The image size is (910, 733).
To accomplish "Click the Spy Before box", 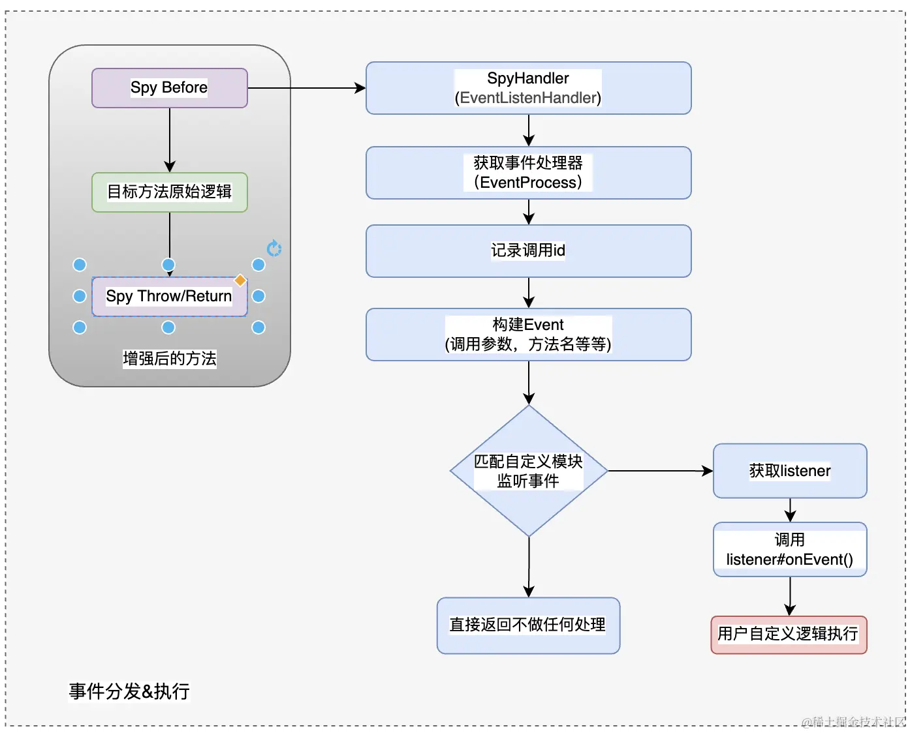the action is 170,88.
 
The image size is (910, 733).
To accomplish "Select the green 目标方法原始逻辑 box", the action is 170,192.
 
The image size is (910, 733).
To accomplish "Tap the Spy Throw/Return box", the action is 170,297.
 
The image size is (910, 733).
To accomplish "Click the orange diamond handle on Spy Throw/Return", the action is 240,280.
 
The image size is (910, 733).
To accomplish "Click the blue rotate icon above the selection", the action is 274,248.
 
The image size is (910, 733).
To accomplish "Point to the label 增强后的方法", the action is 170,359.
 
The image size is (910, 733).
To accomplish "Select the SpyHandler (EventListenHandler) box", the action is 529,88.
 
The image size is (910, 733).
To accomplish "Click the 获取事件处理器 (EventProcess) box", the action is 529,173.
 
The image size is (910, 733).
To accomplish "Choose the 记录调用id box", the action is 529,251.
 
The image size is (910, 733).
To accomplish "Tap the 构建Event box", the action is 529,335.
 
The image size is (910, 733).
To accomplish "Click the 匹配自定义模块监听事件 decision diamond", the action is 529,471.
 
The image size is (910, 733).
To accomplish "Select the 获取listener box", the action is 790,471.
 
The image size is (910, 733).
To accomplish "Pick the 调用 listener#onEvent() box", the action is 790,549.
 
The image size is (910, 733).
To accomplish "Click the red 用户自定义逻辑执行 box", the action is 789,635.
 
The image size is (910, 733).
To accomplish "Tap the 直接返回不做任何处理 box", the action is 529,625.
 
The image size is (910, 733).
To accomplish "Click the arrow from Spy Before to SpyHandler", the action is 307,88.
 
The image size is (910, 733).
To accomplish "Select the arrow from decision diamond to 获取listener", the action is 661,471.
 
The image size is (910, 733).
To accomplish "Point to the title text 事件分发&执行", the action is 129,692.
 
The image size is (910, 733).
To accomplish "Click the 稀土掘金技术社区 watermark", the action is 853,722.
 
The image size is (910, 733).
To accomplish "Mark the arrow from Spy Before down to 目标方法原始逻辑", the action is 170,140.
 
